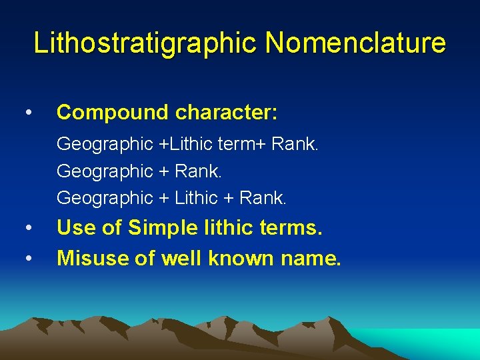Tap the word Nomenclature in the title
355,43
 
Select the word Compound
113,112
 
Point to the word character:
227,112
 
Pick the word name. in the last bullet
308,257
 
